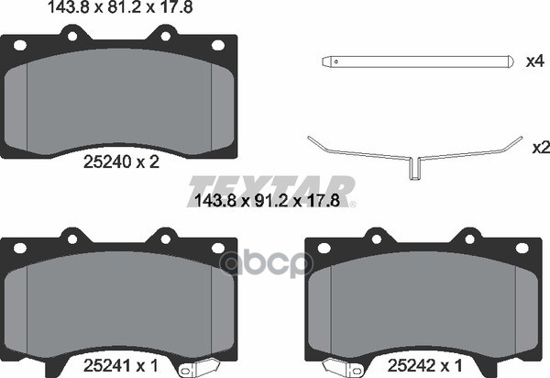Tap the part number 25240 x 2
121,162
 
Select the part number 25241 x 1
121,366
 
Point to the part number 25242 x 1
425,366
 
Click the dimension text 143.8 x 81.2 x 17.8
120,7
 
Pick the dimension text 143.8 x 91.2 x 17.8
267,201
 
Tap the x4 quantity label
535,61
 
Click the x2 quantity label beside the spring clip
541,148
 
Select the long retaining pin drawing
418,61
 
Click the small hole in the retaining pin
336,61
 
